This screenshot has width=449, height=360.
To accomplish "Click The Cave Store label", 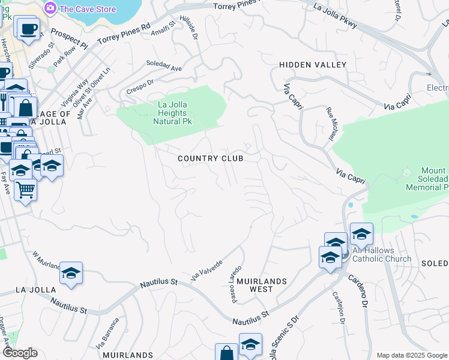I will [89, 8].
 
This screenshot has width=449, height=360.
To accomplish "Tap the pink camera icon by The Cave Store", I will [51, 8].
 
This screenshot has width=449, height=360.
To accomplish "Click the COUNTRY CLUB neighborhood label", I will [211, 158].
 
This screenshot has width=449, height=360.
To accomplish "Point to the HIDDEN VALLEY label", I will [313, 64].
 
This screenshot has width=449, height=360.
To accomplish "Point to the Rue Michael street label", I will [331, 124].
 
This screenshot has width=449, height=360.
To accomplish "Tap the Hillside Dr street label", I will [194, 28].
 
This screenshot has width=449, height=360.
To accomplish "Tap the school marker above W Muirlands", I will [71, 274].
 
